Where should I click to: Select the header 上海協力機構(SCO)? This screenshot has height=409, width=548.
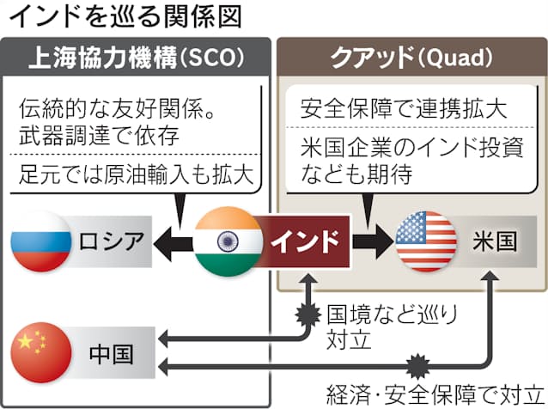coord(137,58)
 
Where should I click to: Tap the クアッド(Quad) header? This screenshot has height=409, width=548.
coord(411,58)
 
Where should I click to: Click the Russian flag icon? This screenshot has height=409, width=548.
coord(41,240)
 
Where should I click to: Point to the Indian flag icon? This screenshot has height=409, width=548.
coord(228,241)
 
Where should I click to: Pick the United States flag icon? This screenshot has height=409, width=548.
coord(426,241)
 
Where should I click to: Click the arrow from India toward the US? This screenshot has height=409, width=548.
coord(373,241)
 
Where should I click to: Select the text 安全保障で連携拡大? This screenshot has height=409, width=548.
coord(404,109)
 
